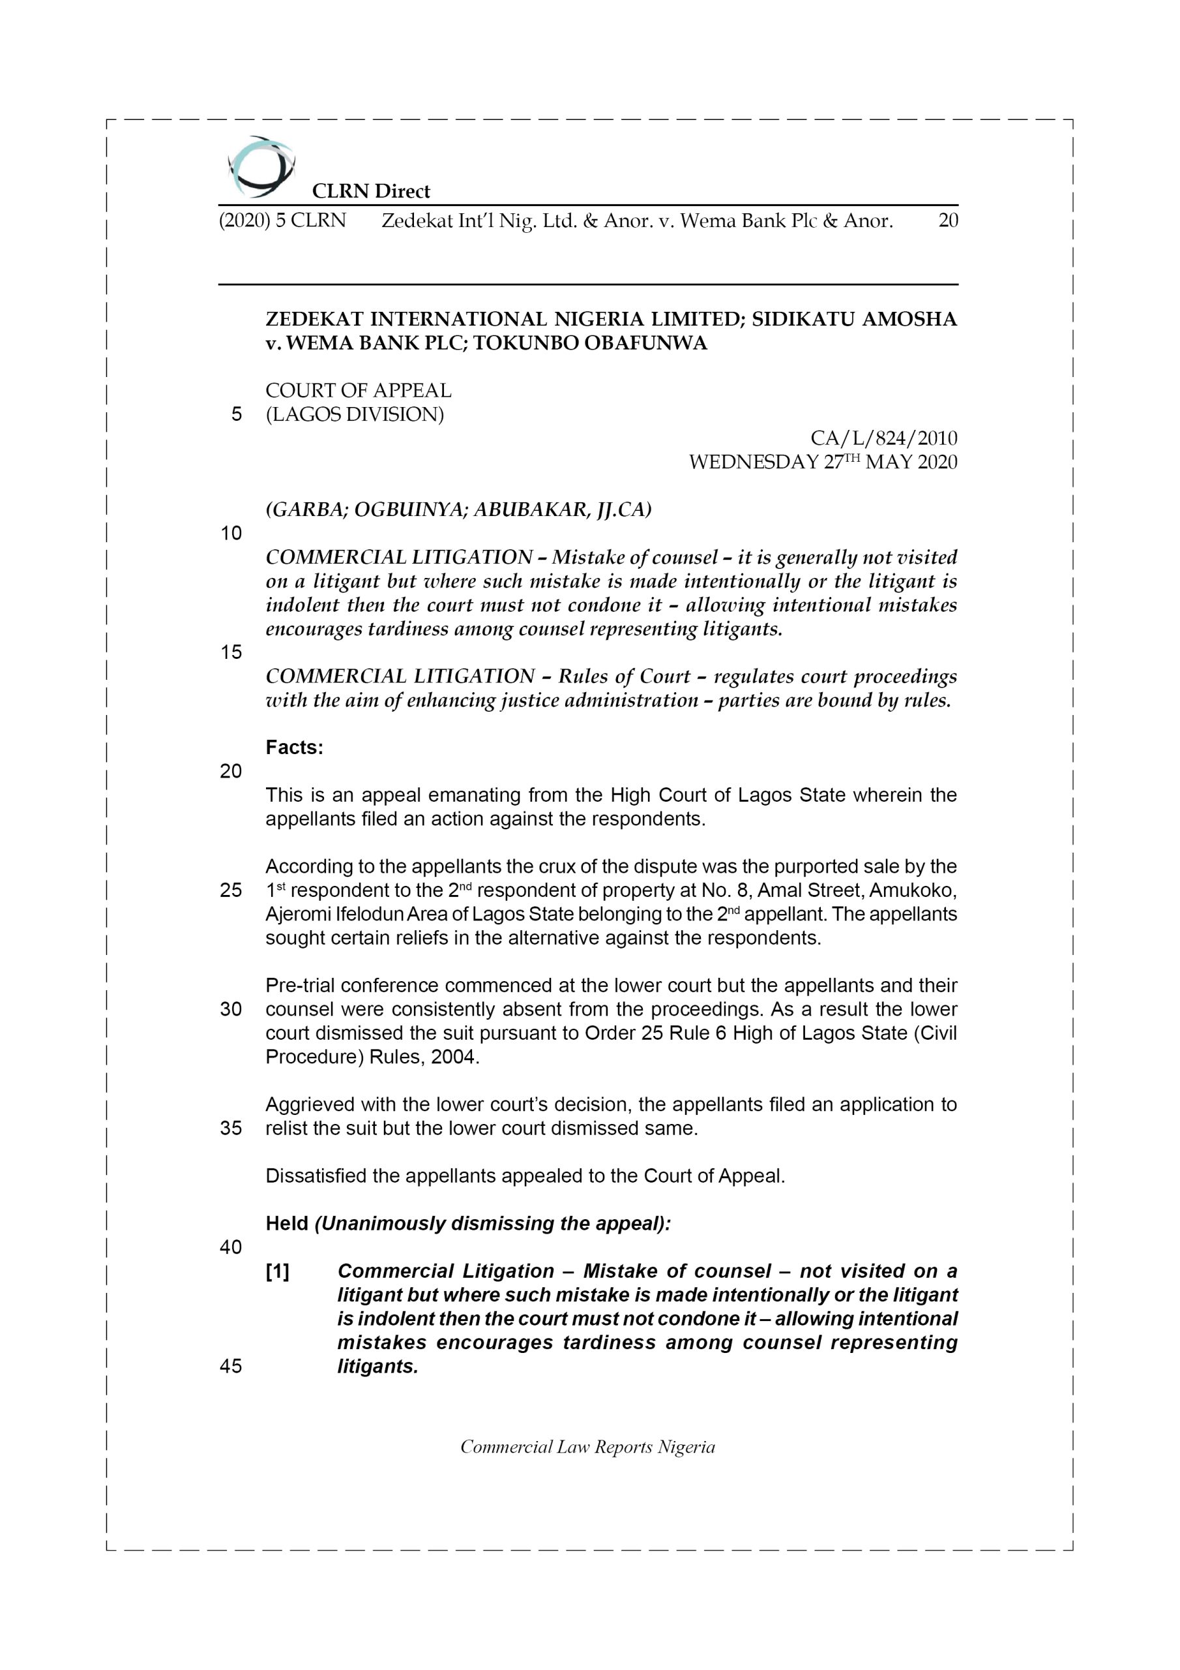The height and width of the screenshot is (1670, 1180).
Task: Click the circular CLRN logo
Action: click(x=260, y=166)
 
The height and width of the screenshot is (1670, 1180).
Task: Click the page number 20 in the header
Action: click(x=947, y=220)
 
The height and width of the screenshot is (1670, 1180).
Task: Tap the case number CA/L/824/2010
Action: click(x=883, y=438)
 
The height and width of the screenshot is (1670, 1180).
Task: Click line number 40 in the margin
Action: click(x=231, y=1247)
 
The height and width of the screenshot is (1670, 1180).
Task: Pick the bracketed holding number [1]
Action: click(x=278, y=1271)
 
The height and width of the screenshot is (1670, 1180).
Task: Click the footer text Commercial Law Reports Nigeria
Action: click(x=587, y=1447)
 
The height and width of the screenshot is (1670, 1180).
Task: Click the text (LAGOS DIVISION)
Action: click(x=355, y=415)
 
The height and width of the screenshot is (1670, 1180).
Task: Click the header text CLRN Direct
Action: click(x=371, y=191)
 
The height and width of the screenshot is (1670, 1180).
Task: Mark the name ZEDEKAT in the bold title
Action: click(x=314, y=319)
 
